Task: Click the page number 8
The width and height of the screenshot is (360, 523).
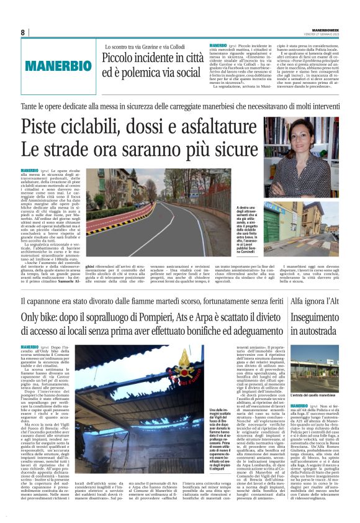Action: tap(22, 32)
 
